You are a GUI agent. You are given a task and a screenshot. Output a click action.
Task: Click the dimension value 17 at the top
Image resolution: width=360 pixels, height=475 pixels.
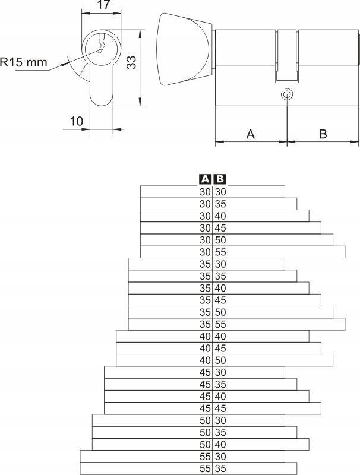[x=103, y=5]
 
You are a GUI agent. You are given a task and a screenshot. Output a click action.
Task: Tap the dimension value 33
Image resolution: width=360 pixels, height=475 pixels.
[x=131, y=62]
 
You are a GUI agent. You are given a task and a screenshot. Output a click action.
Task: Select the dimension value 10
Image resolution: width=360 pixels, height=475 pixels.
[x=77, y=121]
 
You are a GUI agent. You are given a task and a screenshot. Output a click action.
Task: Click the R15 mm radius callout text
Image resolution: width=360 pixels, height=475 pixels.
[x=24, y=62]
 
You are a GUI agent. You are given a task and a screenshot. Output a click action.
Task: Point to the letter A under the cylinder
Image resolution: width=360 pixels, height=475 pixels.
[x=250, y=134]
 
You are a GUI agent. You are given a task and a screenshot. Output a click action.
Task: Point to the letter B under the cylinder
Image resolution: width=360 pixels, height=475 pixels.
[x=323, y=134]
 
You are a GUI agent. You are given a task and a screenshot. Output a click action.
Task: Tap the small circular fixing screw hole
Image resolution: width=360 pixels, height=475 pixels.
[x=287, y=94]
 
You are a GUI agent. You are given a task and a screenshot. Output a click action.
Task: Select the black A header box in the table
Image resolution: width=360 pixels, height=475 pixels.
[x=206, y=179]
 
